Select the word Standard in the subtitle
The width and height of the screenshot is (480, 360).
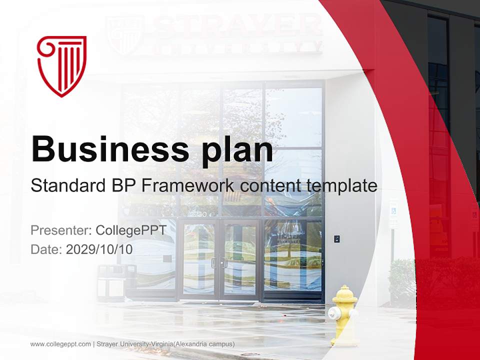(x=66, y=186)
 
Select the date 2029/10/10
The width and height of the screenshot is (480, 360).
(x=99, y=249)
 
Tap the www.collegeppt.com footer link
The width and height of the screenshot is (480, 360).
(x=60, y=344)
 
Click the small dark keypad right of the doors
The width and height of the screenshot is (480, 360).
(x=337, y=239)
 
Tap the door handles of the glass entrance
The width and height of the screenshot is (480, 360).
(x=219, y=263)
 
